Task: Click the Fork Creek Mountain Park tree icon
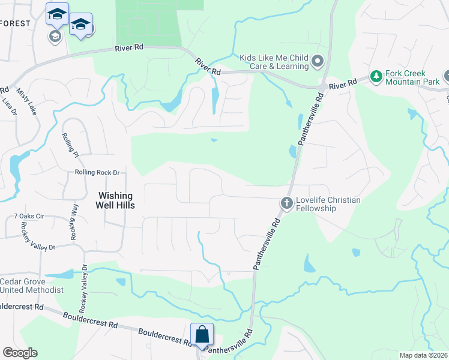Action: tap(376, 76)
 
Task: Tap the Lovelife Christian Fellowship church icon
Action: tap(286, 203)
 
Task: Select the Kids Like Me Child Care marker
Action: tap(318, 61)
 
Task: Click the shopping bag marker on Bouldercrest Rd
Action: tap(202, 334)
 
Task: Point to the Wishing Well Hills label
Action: tap(116, 200)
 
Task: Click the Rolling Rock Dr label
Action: tap(97, 173)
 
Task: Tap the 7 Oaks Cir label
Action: tap(29, 216)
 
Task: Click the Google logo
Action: tap(20, 353)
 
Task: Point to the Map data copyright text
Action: tap(423, 355)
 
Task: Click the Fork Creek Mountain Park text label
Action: tap(414, 76)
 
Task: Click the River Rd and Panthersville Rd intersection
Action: tap(323, 88)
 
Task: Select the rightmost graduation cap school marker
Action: tap(80, 25)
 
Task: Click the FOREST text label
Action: tap(15, 23)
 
